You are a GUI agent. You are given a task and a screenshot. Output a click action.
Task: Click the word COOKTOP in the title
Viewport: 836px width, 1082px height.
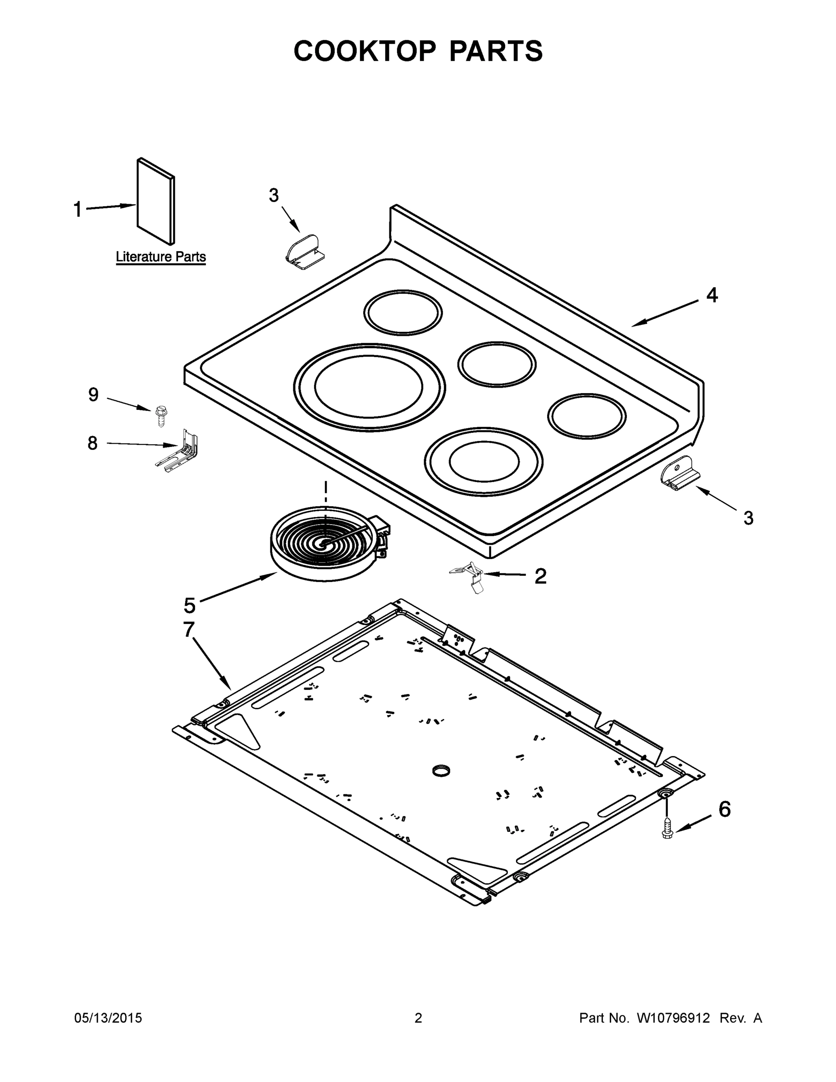click(x=365, y=51)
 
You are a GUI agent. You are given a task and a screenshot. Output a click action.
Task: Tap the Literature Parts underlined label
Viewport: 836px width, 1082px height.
click(x=160, y=257)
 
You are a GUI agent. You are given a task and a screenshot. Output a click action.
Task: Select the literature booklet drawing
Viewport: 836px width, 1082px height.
click(x=156, y=201)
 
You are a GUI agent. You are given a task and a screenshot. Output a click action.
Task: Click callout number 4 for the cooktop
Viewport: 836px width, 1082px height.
click(x=711, y=295)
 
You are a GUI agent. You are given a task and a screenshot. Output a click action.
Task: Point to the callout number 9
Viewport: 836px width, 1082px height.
click(x=93, y=395)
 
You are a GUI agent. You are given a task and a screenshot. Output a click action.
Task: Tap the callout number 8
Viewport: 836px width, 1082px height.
click(x=93, y=443)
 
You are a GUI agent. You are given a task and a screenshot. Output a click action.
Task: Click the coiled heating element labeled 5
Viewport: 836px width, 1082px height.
click(x=326, y=543)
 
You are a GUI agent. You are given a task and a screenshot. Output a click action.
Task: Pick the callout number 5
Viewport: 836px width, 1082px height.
click(x=190, y=605)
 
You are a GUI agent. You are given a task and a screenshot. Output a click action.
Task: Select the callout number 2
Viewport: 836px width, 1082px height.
click(x=540, y=576)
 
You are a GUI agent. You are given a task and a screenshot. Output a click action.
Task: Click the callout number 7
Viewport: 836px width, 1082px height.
click(x=189, y=630)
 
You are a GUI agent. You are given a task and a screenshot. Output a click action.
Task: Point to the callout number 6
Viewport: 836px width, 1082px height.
click(x=724, y=810)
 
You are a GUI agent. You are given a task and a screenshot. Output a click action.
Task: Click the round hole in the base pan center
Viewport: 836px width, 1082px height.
click(x=440, y=770)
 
